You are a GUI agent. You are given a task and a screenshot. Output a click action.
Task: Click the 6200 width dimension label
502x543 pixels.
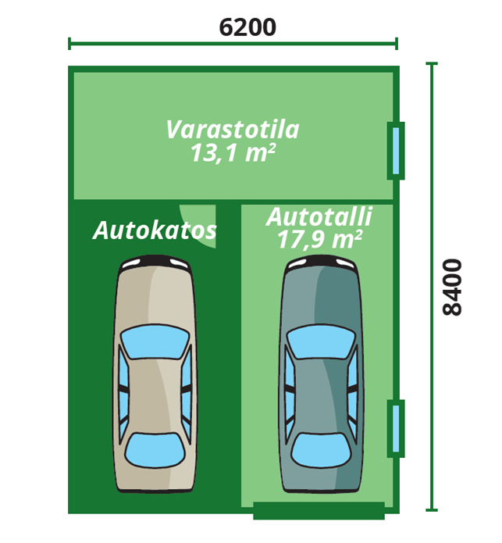[x=247, y=27]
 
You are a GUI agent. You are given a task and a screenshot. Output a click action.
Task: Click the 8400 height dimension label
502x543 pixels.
[x=452, y=287]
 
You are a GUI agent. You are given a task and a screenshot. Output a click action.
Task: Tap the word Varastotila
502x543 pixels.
[x=233, y=129]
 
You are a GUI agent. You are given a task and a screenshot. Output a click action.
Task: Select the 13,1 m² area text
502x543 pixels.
[x=233, y=152]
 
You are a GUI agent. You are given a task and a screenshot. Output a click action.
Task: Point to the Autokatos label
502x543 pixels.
[x=155, y=230]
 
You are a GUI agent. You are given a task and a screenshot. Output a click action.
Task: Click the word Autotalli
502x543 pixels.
[x=319, y=216]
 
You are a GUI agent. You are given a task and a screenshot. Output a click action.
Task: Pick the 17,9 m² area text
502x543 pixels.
[x=319, y=239]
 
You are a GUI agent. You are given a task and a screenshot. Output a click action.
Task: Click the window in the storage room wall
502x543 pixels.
[x=396, y=150]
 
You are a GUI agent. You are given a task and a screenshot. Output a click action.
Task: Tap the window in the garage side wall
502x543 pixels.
[x=396, y=428]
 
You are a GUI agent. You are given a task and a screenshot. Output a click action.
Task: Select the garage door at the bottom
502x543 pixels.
[x=319, y=511]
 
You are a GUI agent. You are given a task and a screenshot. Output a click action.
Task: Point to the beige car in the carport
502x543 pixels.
[x=155, y=375]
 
